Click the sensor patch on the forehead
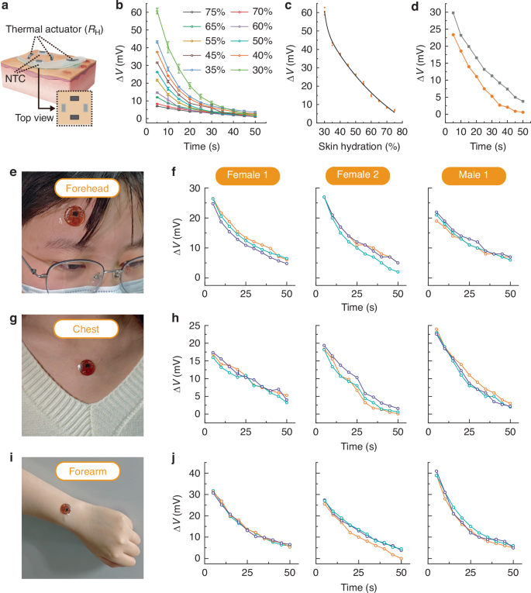[x=74, y=215]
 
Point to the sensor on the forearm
[x=67, y=509]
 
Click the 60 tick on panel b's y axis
[x=139, y=12]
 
